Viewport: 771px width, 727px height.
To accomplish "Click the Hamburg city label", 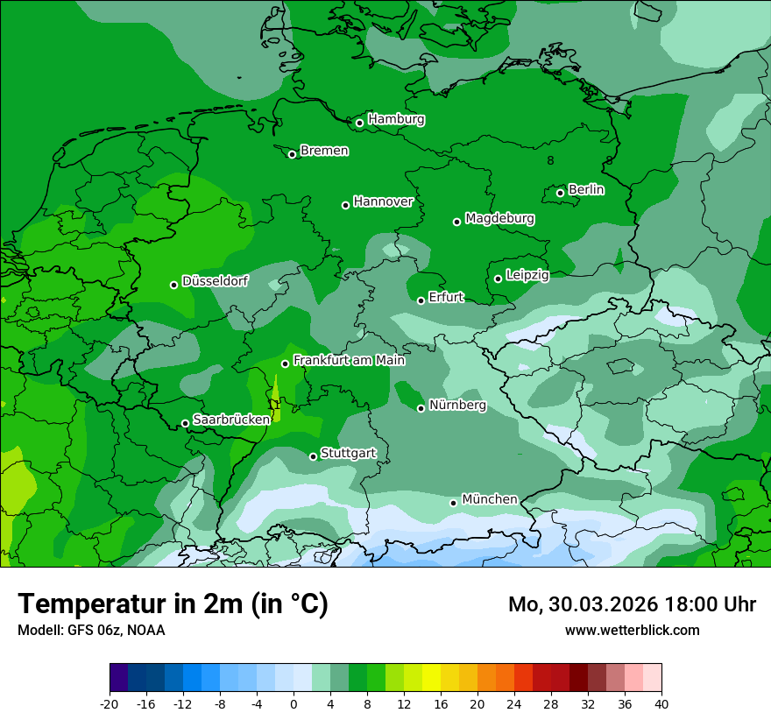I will click(396, 119).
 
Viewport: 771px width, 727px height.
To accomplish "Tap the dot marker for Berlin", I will click(560, 193).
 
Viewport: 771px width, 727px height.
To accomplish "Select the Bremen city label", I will click(324, 151).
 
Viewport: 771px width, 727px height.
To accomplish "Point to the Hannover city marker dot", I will click(345, 205).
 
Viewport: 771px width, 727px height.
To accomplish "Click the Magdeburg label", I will click(499, 218).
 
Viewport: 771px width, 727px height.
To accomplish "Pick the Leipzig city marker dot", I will click(498, 279).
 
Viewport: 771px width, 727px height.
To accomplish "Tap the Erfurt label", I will click(446, 298).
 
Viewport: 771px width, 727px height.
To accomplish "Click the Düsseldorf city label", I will click(215, 282).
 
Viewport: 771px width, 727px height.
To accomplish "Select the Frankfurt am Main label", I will click(349, 360).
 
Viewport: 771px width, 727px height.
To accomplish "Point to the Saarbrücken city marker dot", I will click(185, 423).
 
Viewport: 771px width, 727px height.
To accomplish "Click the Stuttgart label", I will click(348, 454).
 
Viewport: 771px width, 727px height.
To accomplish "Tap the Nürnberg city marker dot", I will click(421, 408).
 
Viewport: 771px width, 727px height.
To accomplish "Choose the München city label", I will click(489, 499).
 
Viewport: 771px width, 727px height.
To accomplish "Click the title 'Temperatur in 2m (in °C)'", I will click(173, 603).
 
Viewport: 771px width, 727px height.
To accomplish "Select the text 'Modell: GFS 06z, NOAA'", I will click(91, 631).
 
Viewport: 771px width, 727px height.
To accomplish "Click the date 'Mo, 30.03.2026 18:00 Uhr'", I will click(632, 604).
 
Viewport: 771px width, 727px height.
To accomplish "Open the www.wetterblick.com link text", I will click(632, 631).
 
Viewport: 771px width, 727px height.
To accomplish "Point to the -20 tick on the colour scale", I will click(110, 704).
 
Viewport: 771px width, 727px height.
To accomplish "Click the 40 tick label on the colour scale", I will click(661, 704).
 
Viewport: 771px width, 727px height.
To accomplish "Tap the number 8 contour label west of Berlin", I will click(550, 161).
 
